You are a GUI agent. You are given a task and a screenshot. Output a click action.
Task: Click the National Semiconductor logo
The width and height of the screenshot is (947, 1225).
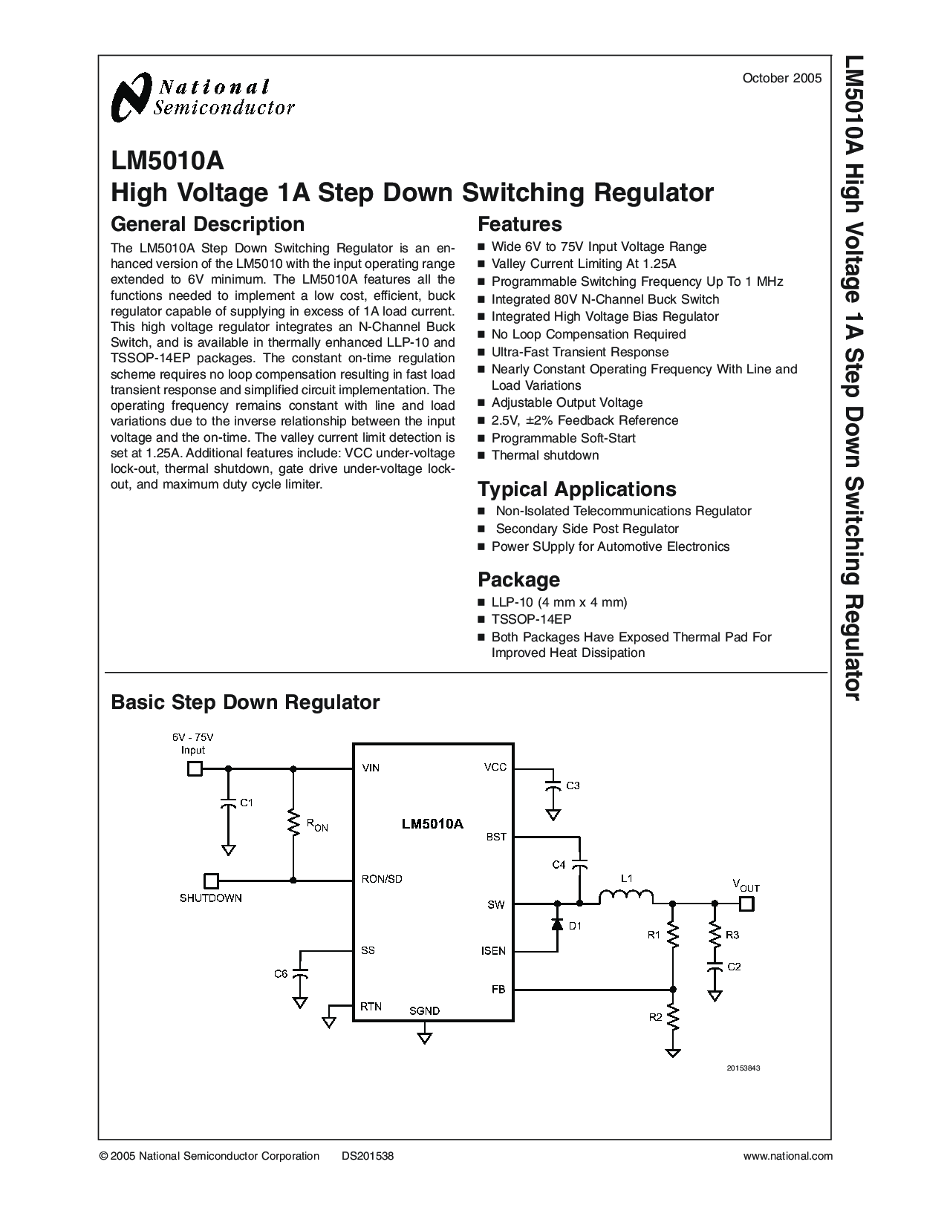point(203,97)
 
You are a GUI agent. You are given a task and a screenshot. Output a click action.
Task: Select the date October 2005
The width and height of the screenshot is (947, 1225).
point(782,79)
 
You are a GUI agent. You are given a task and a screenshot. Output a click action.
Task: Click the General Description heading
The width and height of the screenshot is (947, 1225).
point(207,224)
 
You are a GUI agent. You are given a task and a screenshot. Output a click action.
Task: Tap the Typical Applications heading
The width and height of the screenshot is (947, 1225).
point(577,489)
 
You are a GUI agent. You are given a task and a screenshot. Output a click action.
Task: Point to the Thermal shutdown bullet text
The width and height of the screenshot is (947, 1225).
point(545,456)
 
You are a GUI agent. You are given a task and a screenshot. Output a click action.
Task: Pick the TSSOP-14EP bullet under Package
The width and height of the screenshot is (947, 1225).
point(531,619)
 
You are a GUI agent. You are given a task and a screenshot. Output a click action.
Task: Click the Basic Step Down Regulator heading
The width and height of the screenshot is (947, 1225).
point(245,702)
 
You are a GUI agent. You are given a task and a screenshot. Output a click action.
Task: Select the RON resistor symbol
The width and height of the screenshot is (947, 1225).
point(293,823)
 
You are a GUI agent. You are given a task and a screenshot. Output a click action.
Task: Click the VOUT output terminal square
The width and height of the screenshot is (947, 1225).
point(746,904)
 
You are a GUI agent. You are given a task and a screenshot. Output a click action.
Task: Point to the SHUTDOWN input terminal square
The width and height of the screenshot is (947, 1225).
point(211,881)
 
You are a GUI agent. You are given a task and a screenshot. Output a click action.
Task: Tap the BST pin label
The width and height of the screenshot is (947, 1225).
point(496,837)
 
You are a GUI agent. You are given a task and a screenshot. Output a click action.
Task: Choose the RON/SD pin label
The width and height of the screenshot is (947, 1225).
point(382,880)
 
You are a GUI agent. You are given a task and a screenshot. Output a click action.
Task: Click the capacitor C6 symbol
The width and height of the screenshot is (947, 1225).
point(301,973)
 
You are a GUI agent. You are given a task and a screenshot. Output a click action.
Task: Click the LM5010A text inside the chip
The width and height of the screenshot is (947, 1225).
point(432,824)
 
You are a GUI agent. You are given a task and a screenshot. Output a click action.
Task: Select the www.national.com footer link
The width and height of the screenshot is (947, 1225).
point(788,1156)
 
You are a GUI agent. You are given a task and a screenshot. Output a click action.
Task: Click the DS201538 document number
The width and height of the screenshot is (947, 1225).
point(368,1156)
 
